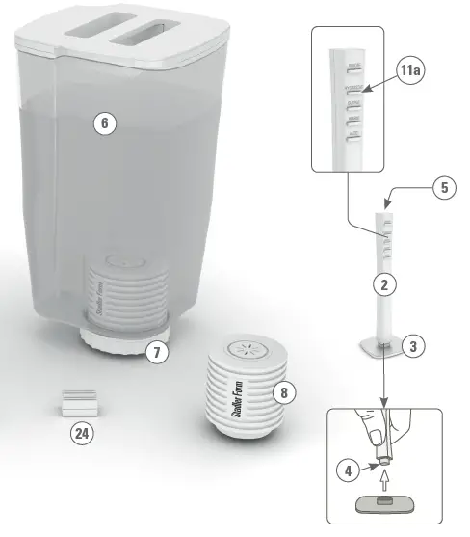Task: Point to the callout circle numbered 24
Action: tap(85, 435)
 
